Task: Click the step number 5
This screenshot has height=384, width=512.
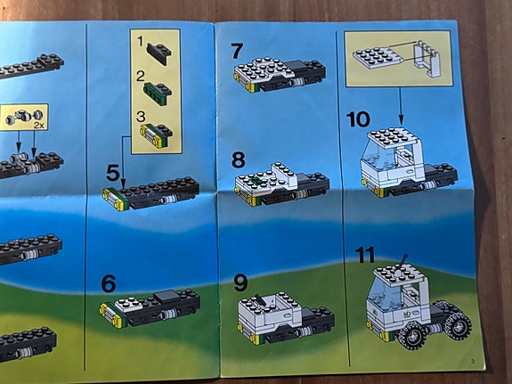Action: coord(113,173)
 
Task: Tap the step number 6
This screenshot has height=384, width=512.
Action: coord(109,283)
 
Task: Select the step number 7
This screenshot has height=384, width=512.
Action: coord(237,52)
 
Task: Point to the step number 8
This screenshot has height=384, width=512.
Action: coord(239,160)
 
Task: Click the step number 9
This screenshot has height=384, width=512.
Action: coord(240,282)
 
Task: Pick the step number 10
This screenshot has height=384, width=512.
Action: coord(358,119)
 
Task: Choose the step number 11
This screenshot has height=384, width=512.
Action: coord(365,255)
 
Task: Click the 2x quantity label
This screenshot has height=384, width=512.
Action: coord(38,125)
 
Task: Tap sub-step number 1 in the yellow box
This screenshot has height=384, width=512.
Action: coord(140,41)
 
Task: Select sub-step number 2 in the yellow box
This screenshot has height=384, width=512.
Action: coord(141,77)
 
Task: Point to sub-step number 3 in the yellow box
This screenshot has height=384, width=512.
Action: coord(141,116)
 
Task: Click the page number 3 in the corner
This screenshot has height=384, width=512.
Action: coord(473,361)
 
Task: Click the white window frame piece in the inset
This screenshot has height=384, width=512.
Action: coord(426,59)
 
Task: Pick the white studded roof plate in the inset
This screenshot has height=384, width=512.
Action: coord(378,58)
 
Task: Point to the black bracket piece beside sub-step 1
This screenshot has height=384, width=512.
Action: coord(159,53)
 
